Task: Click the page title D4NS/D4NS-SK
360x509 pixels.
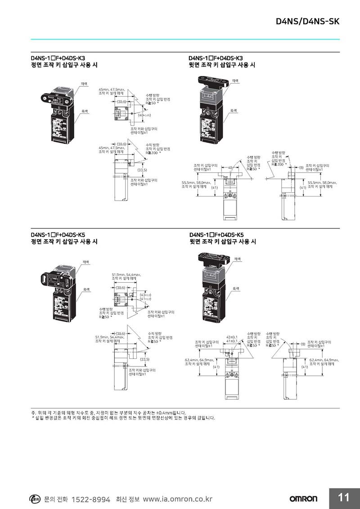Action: tap(307, 22)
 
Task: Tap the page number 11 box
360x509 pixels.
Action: tap(344, 498)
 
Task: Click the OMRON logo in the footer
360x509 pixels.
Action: tap(303, 499)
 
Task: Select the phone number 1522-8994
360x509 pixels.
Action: tap(91, 500)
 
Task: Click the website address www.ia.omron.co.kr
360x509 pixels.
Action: tap(177, 500)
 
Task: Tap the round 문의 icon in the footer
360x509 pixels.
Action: tap(35, 499)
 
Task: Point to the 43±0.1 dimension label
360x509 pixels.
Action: tap(232, 337)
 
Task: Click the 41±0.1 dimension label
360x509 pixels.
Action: tap(232, 341)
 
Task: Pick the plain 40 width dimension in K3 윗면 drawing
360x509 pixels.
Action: tap(230, 168)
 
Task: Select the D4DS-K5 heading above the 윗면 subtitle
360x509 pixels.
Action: tap(216, 235)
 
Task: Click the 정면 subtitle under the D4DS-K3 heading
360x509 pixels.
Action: tap(64, 65)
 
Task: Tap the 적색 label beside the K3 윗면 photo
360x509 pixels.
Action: tap(235, 80)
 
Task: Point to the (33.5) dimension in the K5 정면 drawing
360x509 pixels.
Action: tap(145, 359)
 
